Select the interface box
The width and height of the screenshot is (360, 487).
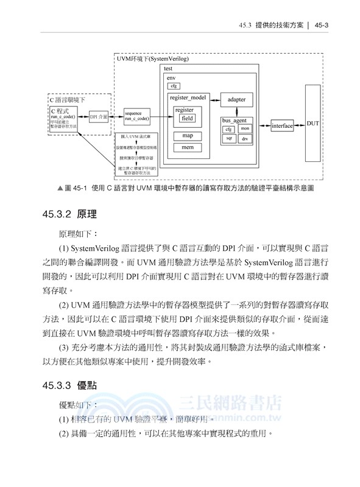click(282, 126)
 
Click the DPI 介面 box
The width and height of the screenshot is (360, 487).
click(98, 116)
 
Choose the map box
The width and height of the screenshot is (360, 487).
click(188, 135)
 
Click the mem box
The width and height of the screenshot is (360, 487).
click(188, 147)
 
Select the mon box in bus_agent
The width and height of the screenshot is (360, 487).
click(245, 128)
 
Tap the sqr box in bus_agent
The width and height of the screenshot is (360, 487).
click(229, 139)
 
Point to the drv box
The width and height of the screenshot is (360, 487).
click(245, 139)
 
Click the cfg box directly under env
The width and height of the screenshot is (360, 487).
click(174, 86)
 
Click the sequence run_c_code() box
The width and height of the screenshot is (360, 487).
click(136, 116)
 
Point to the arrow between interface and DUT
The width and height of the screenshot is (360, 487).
click(300, 126)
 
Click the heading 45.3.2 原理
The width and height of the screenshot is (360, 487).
click(66, 214)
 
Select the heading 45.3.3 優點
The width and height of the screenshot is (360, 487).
click(66, 385)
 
